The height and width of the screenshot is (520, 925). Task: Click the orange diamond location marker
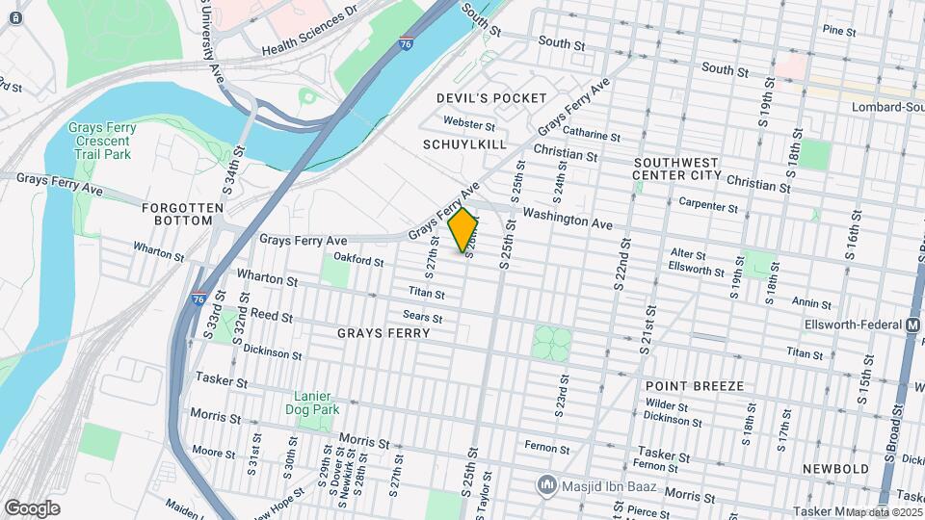pos(463,230)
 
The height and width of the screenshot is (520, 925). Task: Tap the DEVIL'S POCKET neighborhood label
pos(491,98)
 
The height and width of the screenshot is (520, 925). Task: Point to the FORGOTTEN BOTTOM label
pos(176,214)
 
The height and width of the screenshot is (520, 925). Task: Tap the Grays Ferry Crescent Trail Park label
pos(102,142)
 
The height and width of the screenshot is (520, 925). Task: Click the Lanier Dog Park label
pos(317,403)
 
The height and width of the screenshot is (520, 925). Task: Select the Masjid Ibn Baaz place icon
pos(547,482)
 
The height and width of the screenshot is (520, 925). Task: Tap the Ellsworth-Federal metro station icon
pos(912,325)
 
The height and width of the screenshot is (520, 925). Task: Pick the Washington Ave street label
pos(568,219)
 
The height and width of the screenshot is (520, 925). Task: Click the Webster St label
pos(469,123)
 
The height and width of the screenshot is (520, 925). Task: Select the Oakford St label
pos(358,260)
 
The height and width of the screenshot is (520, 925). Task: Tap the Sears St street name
pos(423,317)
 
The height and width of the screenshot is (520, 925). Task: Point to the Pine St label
pos(838,32)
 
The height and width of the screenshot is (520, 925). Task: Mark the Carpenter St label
pos(708,204)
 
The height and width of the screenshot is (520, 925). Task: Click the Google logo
pos(32,507)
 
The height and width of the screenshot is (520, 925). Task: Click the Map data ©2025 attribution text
pos(884,512)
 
